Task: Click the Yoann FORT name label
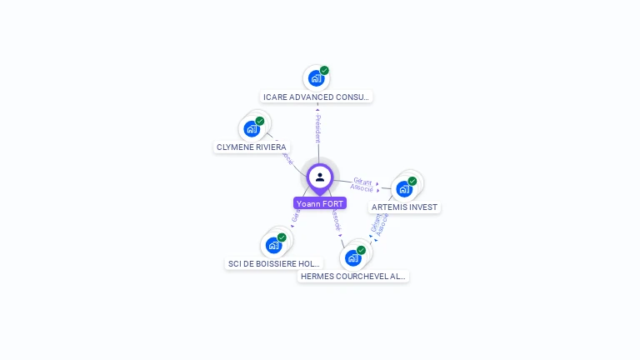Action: pyautogui.click(x=320, y=203)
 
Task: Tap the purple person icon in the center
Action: pyautogui.click(x=320, y=177)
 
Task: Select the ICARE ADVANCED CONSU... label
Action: pyautogui.click(x=316, y=97)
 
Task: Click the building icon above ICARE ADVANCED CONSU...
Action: pyautogui.click(x=315, y=79)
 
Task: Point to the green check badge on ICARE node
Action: pyautogui.click(x=324, y=71)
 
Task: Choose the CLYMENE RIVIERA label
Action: pyautogui.click(x=252, y=147)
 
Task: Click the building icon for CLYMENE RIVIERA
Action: pyautogui.click(x=251, y=129)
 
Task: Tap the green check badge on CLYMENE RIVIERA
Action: pyautogui.click(x=260, y=122)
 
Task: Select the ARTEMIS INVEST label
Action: pyautogui.click(x=404, y=207)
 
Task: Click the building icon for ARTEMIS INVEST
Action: pyautogui.click(x=404, y=189)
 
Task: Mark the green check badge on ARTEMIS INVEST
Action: pyautogui.click(x=412, y=181)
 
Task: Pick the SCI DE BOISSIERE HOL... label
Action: pyautogui.click(x=274, y=264)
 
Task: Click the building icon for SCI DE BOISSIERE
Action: pyautogui.click(x=273, y=246)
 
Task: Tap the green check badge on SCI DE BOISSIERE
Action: pyautogui.click(x=282, y=237)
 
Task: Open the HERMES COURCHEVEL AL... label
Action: pyautogui.click(x=353, y=277)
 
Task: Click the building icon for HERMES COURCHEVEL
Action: pyautogui.click(x=352, y=258)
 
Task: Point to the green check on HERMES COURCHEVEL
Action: pyautogui.click(x=361, y=250)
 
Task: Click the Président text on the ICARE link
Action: pyautogui.click(x=317, y=129)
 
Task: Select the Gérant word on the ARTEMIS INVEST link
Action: pyautogui.click(x=362, y=181)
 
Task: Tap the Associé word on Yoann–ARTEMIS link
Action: pyautogui.click(x=362, y=188)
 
